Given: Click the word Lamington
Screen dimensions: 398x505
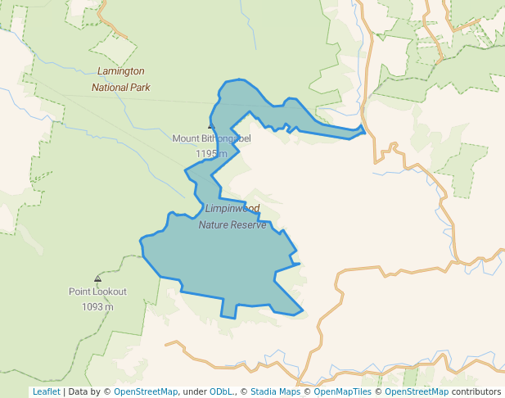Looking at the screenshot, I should (120, 71).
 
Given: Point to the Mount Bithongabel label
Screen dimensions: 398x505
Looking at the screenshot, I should (211, 138).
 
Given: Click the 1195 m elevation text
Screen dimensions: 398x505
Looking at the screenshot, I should (211, 153).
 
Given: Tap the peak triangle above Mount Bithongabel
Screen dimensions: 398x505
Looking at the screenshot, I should (210, 127).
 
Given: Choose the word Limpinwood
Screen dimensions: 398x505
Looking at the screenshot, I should (232, 209).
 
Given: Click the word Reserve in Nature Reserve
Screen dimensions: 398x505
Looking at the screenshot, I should (248, 224).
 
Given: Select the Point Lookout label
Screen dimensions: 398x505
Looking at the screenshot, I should (97, 292).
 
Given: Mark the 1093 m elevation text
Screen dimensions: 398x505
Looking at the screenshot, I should (97, 307).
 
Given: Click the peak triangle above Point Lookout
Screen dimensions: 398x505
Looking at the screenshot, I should (98, 278).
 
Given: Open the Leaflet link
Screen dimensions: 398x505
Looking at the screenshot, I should (46, 392).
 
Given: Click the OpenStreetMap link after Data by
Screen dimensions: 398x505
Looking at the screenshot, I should (146, 392).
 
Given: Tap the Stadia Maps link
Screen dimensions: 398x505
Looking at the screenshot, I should (275, 392).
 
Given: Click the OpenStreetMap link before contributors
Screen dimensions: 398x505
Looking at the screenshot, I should (417, 392).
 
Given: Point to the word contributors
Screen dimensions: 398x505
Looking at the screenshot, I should (476, 392).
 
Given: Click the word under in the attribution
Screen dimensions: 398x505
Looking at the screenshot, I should (195, 392).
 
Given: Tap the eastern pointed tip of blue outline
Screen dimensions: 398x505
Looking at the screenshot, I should (364, 129).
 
